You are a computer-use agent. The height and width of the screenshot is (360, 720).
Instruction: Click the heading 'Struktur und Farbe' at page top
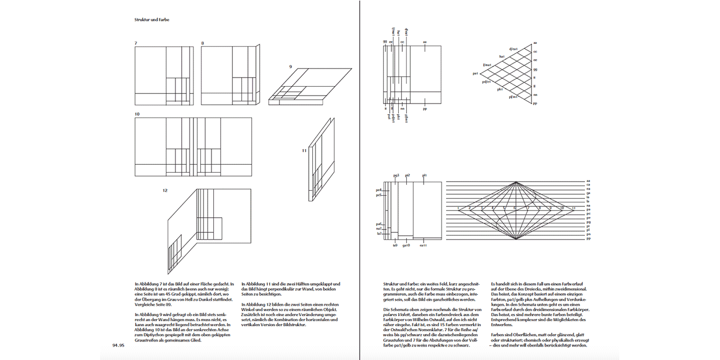coord(152,20)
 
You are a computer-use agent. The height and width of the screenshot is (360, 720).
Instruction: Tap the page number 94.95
coord(118,345)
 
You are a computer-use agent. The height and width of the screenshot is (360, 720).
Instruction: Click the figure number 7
coord(136,43)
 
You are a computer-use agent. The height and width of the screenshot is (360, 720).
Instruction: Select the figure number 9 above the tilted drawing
coord(290,66)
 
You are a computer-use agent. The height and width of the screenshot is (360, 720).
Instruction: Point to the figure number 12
coord(165,191)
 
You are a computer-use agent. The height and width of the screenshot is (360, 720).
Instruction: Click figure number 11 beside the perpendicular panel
coord(304,150)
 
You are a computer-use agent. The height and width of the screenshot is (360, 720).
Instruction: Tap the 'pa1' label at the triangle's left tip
coord(475,74)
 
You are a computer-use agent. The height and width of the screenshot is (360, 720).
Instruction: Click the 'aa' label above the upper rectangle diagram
coord(425,42)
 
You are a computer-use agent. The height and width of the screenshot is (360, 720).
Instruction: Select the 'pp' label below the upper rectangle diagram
coord(425,109)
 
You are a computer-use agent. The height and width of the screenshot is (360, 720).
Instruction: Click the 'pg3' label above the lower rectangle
coord(396,175)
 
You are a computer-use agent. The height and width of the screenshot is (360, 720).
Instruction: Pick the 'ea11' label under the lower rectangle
coord(423,245)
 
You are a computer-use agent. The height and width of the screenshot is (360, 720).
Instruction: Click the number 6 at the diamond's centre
coord(515,208)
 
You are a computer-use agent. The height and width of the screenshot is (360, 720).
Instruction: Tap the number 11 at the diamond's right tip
coord(573,208)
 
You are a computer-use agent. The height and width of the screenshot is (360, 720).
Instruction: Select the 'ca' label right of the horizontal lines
coord(588,185)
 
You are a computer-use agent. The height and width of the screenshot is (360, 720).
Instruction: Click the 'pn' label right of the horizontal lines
coord(588,234)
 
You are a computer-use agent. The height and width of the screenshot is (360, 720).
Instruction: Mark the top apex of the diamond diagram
coord(516,181)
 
